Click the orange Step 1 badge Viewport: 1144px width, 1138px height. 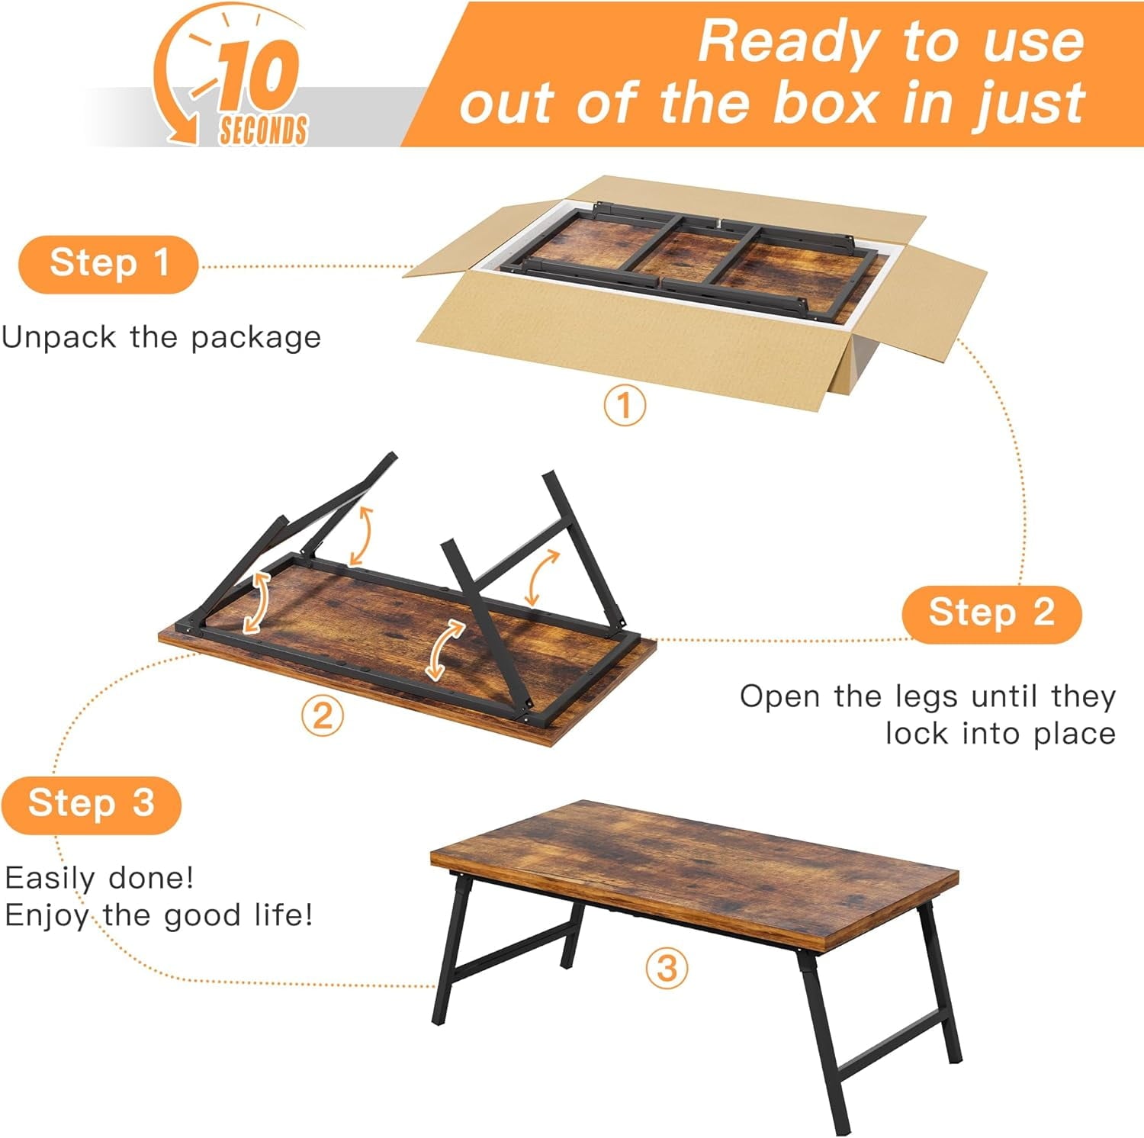coord(108,265)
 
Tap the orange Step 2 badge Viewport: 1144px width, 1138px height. coord(991,614)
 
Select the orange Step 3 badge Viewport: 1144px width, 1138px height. coord(92,805)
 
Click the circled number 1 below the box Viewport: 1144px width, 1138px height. coord(625,405)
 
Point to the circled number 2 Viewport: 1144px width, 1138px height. coord(322,716)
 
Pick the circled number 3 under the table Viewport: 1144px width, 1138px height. coord(667,969)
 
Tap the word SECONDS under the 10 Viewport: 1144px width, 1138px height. coord(263,130)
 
